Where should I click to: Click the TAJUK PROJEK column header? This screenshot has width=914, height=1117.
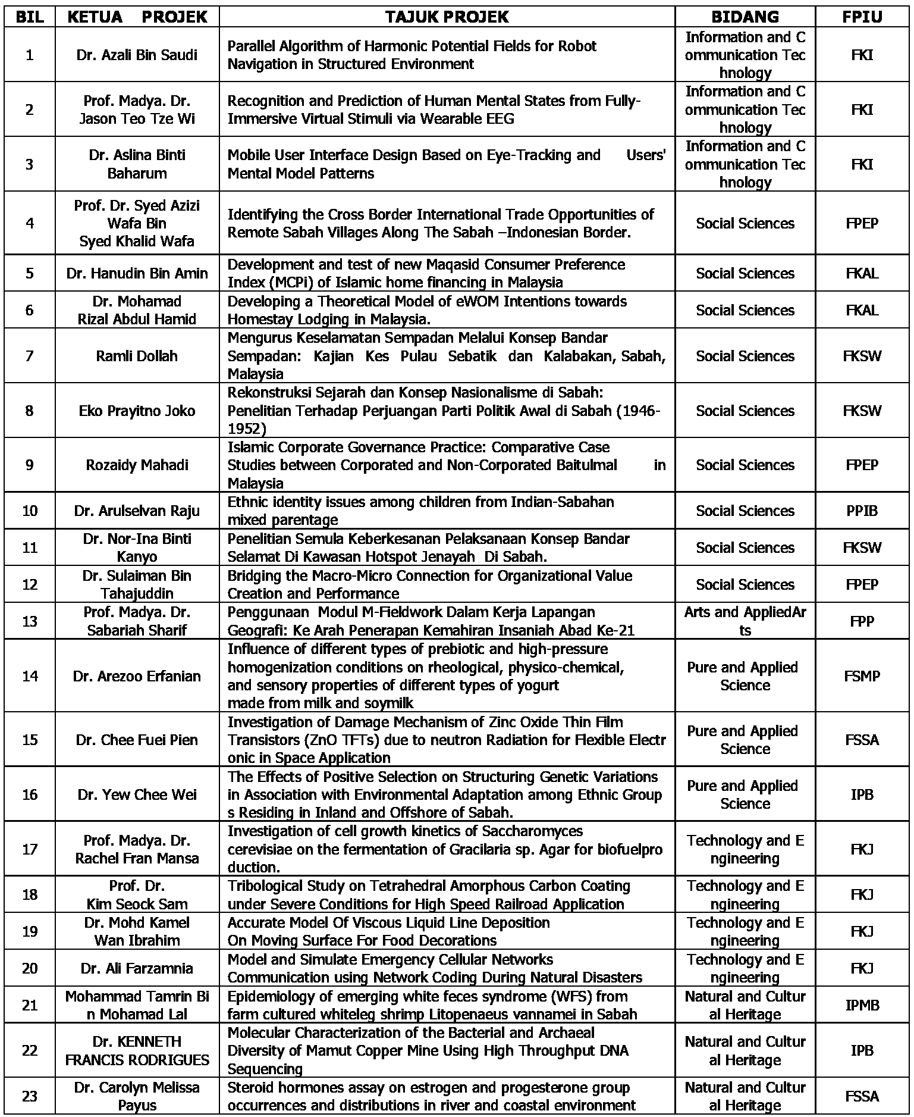click(x=447, y=17)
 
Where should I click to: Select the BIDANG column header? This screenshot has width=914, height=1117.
click(x=745, y=17)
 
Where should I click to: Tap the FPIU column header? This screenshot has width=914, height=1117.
click(x=862, y=17)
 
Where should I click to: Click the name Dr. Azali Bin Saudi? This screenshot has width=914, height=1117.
click(x=137, y=55)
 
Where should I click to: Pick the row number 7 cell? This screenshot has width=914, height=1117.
click(x=30, y=356)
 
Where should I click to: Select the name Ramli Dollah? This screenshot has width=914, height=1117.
click(x=137, y=356)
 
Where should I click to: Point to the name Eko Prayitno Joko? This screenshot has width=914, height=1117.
click(x=137, y=411)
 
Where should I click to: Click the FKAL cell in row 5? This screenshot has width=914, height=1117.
click(x=862, y=273)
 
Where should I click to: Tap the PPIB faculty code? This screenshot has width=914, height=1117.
click(x=862, y=511)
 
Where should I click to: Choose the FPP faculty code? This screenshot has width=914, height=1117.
click(x=862, y=621)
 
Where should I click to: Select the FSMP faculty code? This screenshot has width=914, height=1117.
click(x=862, y=676)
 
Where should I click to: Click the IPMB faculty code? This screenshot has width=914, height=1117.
click(x=862, y=1005)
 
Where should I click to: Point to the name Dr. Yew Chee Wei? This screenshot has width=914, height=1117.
click(x=137, y=794)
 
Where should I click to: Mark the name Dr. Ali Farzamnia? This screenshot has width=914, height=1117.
click(x=137, y=968)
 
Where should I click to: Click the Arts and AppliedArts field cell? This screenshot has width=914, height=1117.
click(x=745, y=621)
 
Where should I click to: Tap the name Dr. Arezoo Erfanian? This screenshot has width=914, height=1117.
click(x=137, y=676)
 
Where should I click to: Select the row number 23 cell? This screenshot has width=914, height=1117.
click(x=30, y=1096)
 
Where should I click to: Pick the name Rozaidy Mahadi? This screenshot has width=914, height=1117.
click(x=137, y=465)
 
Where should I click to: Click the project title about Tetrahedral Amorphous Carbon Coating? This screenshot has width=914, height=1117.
click(x=428, y=895)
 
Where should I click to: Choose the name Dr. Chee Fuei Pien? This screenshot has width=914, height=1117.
click(x=137, y=740)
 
